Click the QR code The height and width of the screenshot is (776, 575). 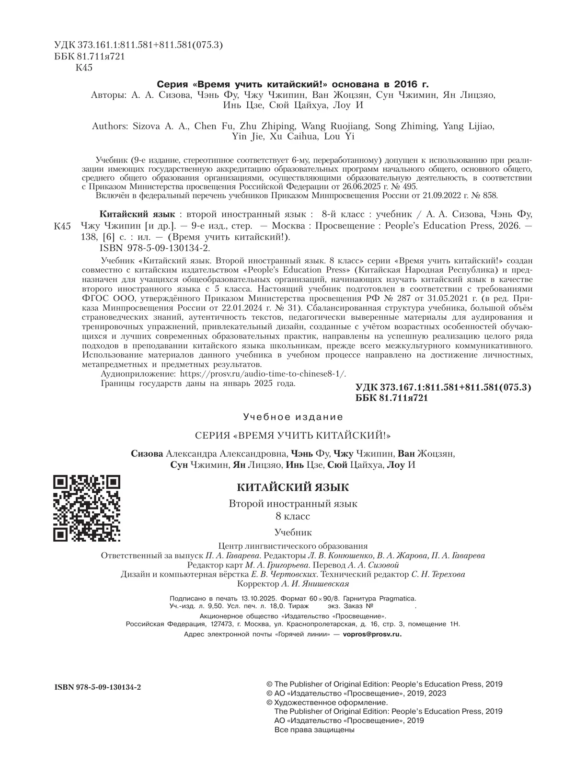tap(87, 508)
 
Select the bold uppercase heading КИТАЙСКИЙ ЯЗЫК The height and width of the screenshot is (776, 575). tap(293, 487)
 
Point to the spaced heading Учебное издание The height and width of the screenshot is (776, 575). tap(293, 417)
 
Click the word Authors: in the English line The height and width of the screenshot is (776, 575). tap(110, 127)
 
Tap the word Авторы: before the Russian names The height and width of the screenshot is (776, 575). tap(108, 95)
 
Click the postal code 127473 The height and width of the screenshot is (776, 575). tap(222, 624)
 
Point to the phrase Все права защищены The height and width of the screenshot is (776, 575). tap(314, 730)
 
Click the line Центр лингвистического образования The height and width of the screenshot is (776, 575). tap(293, 546)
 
